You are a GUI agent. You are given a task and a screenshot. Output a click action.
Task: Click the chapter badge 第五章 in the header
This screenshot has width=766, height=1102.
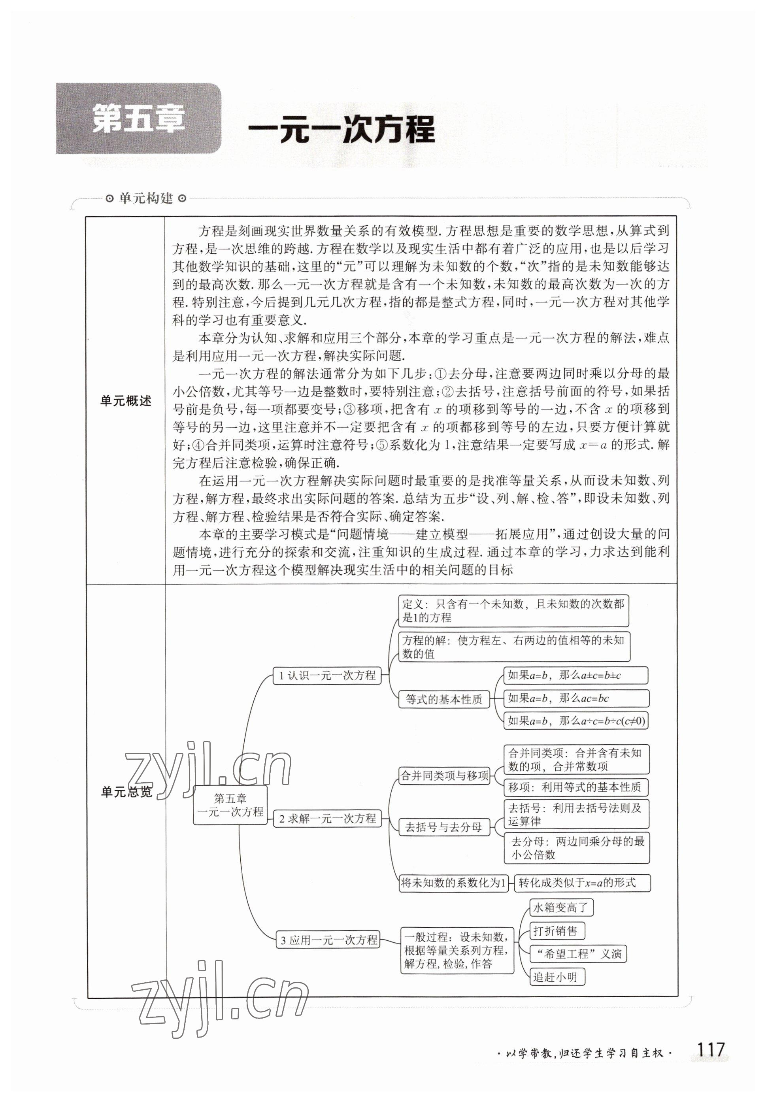[138, 119]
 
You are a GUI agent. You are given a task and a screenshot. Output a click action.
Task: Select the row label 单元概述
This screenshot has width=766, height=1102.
[126, 401]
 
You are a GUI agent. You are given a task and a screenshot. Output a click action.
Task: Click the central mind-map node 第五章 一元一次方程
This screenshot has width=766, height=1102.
[230, 805]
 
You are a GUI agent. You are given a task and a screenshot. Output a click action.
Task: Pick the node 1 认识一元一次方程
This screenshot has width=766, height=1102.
[327, 675]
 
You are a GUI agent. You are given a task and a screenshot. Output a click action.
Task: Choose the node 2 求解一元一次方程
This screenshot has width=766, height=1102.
[327, 818]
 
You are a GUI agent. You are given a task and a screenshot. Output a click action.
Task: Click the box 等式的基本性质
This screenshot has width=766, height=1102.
[444, 699]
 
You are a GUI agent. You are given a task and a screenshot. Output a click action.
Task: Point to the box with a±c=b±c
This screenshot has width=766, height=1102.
[575, 675]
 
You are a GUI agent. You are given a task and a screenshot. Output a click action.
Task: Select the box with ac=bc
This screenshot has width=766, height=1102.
[575, 698]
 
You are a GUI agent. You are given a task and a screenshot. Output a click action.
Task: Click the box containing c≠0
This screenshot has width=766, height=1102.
[575, 721]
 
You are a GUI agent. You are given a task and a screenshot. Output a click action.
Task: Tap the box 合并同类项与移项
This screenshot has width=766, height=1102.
[444, 775]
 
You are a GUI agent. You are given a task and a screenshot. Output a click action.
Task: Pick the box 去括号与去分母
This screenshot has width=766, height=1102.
[444, 826]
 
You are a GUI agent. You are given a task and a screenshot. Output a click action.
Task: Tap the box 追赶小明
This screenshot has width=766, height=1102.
[557, 977]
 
